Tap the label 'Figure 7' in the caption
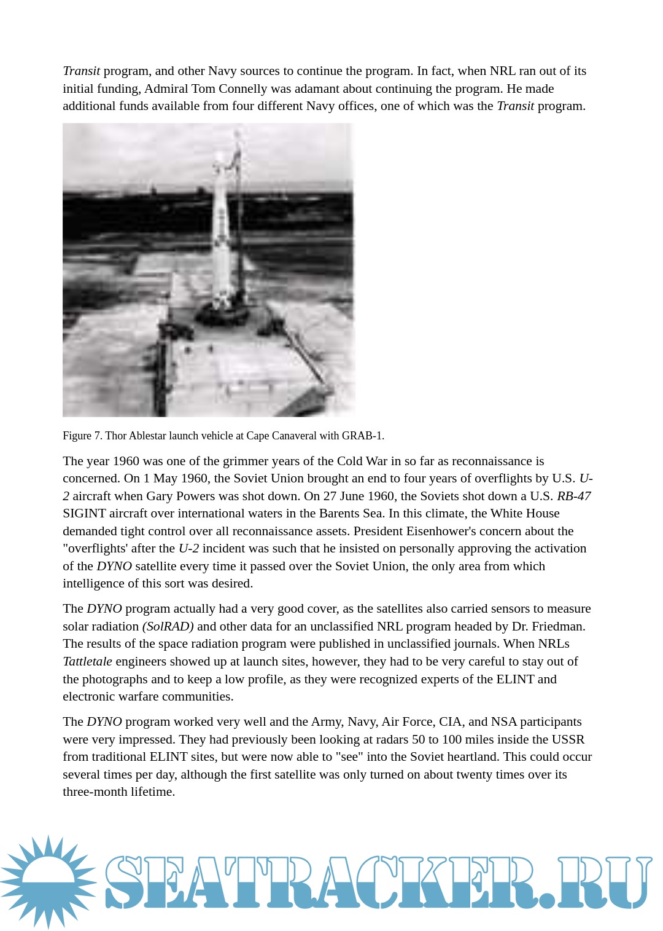click(82, 436)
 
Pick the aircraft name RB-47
click(573, 496)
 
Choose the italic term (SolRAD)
click(168, 626)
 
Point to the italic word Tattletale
click(87, 661)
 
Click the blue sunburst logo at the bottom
click(48, 881)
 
